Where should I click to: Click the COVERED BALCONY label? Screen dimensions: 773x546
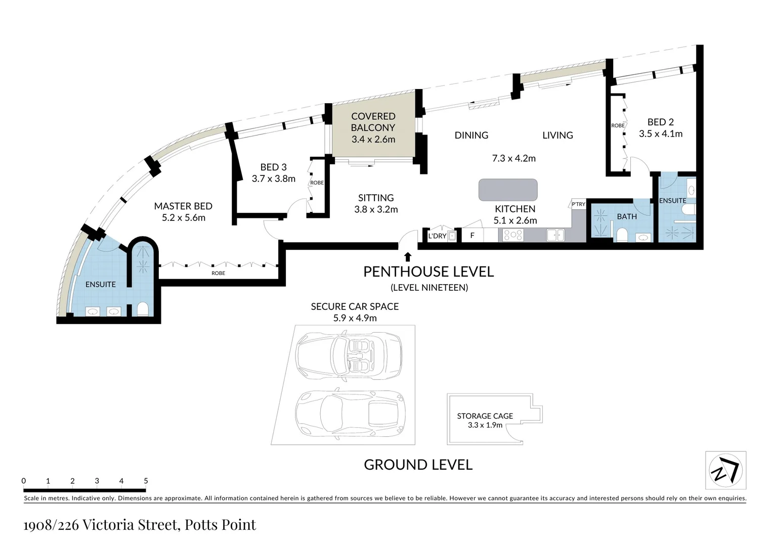click(x=373, y=122)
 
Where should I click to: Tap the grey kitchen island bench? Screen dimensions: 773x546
click(x=507, y=190)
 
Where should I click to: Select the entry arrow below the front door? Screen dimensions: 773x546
click(x=408, y=256)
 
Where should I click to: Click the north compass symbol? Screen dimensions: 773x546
click(x=726, y=470)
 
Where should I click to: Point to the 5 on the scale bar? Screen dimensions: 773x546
click(x=146, y=481)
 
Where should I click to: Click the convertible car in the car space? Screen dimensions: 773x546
click(x=349, y=355)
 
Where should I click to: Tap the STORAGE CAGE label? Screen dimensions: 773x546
click(x=485, y=416)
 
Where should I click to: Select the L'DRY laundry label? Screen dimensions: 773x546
click(x=437, y=236)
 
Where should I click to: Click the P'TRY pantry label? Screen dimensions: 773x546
click(x=578, y=204)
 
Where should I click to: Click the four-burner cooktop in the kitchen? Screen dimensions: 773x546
click(x=513, y=235)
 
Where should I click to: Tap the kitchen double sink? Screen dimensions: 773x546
click(x=555, y=235)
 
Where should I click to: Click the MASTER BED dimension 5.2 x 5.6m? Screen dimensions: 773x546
click(x=184, y=217)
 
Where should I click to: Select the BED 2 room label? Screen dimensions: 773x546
click(x=661, y=122)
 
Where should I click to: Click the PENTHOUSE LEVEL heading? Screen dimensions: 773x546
click(x=428, y=272)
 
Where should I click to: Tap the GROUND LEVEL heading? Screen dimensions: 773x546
click(x=418, y=465)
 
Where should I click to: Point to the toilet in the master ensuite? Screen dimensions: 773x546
click(x=143, y=309)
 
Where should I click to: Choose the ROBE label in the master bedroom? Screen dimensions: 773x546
click(x=218, y=273)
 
